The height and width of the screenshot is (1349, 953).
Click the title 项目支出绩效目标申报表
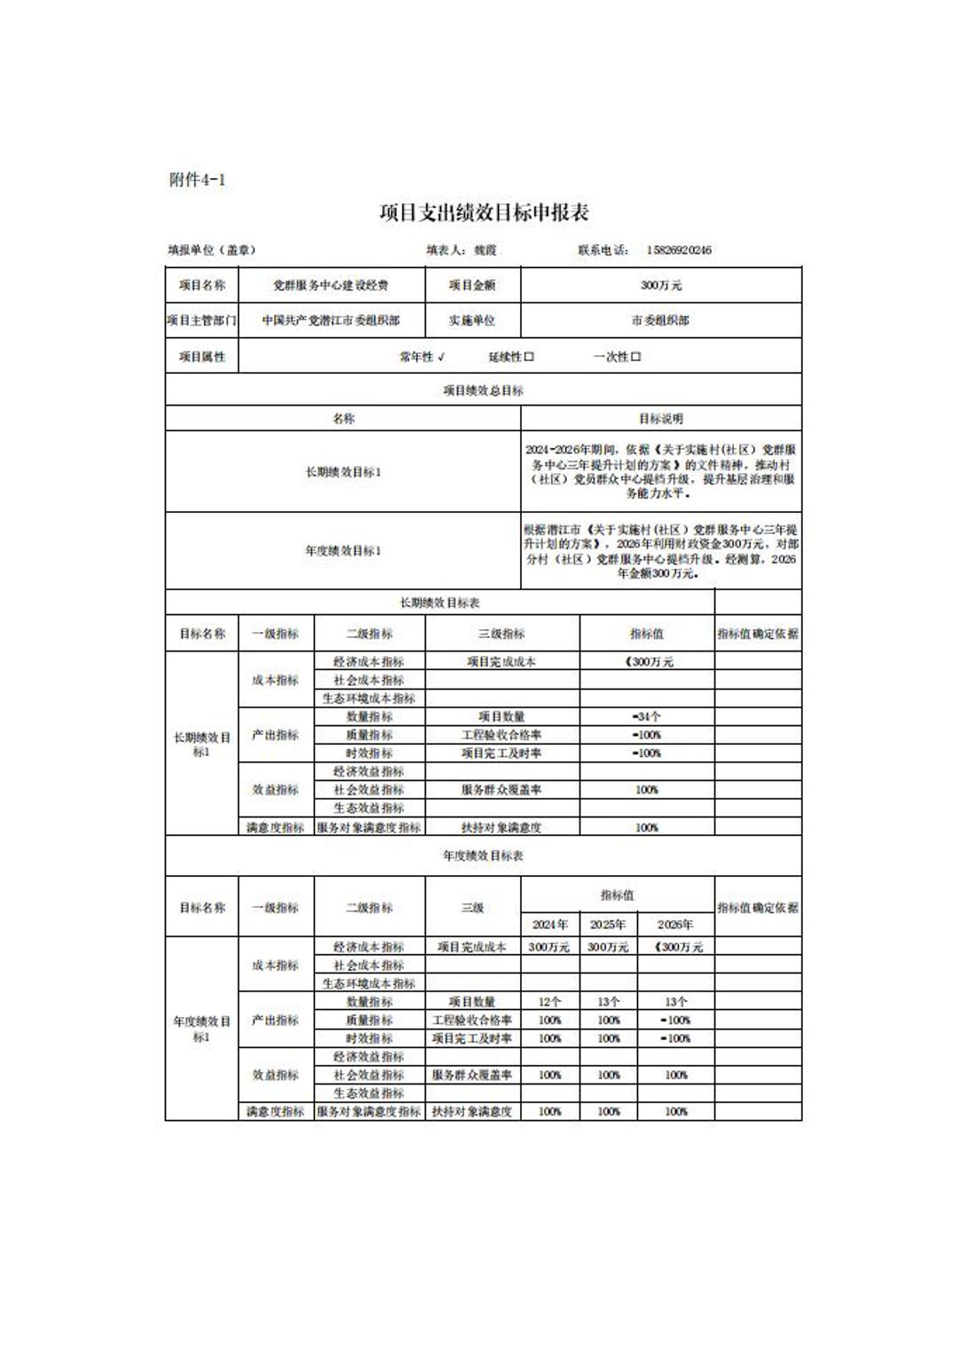click(x=484, y=213)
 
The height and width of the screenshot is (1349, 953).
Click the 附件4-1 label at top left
click(x=197, y=180)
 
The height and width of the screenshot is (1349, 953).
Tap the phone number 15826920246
click(x=679, y=250)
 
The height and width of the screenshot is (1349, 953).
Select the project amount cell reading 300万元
click(x=661, y=286)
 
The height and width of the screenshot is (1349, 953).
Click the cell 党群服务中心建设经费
click(x=330, y=286)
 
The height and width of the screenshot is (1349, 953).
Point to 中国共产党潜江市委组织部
click(x=330, y=320)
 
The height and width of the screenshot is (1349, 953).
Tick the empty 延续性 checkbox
click(x=529, y=357)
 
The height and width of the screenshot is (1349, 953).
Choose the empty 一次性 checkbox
click(x=635, y=357)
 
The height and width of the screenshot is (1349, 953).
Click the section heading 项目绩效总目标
click(x=483, y=390)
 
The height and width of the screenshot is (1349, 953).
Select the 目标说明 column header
click(x=661, y=419)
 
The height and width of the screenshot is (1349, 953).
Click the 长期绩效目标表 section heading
click(x=439, y=603)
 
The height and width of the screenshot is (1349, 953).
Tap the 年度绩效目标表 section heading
click(x=483, y=856)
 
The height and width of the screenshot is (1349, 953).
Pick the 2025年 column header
click(x=608, y=925)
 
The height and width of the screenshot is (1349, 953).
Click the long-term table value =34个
click(x=646, y=717)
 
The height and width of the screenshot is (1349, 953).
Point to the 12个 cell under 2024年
click(x=549, y=1002)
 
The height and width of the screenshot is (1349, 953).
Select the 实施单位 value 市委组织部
click(x=661, y=320)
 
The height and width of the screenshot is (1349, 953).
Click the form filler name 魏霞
click(x=485, y=250)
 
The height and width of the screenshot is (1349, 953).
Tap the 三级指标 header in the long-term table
click(x=501, y=635)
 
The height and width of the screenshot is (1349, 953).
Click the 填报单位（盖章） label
click(x=211, y=250)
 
